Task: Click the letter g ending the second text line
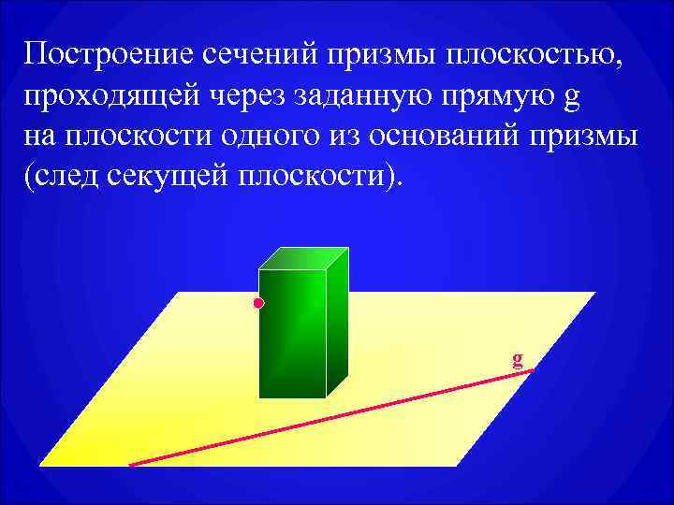pos(549,97)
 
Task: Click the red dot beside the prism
pos(258,304)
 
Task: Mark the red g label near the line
pos(518,358)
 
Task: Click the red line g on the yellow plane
pos(328,418)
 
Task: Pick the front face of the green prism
pos(291,333)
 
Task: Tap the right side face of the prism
pos(337,323)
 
